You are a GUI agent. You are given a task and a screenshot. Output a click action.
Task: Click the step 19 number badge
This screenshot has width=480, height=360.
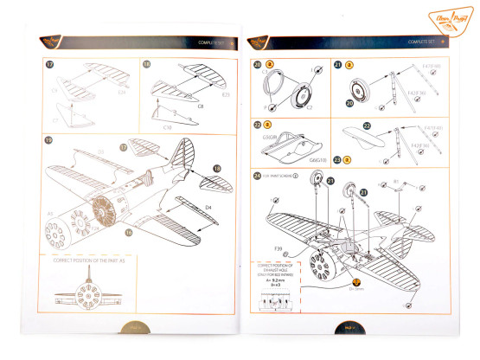(x=48, y=138)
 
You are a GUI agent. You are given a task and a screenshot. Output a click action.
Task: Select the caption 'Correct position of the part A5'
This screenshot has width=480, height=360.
(x=87, y=260)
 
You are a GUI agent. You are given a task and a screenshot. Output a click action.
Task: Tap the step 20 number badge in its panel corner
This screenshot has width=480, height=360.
(x=257, y=65)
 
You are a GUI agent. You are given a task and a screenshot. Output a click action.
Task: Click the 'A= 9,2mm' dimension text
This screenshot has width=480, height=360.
(x=268, y=281)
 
